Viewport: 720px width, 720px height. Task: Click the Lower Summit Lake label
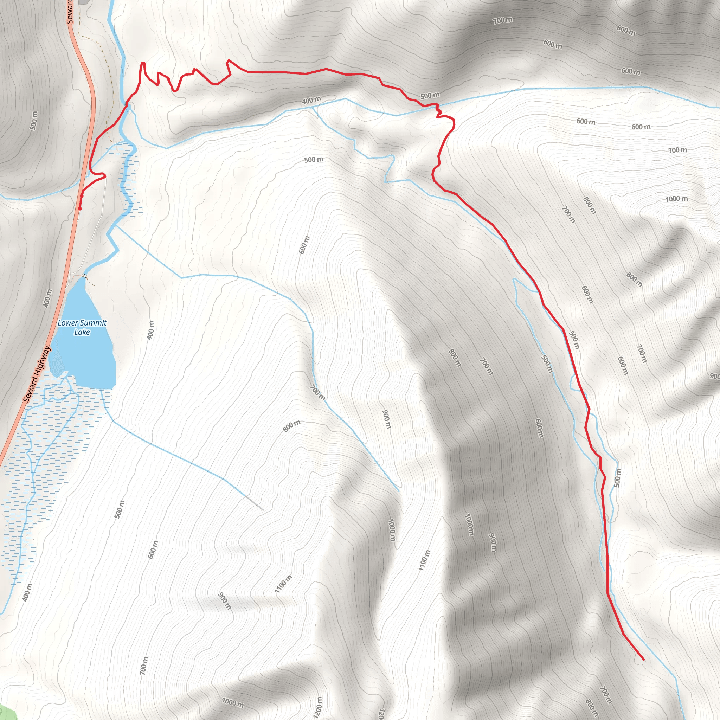pos(82,327)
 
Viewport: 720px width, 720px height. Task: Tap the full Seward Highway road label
pos(37,374)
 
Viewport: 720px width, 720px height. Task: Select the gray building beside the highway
pos(84,2)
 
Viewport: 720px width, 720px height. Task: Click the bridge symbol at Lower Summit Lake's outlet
pos(84,276)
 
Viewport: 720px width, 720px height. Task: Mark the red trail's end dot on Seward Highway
pos(80,208)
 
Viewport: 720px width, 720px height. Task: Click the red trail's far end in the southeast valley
pos(643,659)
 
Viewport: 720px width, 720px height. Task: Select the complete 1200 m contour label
pos(317,707)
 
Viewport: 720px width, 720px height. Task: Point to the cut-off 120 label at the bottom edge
pos(381,714)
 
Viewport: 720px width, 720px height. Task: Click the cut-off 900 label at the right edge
pos(714,376)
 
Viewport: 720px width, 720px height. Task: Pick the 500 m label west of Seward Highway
pos(33,121)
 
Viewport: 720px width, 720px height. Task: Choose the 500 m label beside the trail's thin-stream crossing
pos(430,95)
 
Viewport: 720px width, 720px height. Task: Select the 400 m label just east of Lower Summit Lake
pos(150,330)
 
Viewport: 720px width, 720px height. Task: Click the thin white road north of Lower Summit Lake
pos(93,231)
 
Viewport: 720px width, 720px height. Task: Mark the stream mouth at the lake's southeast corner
pos(101,389)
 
